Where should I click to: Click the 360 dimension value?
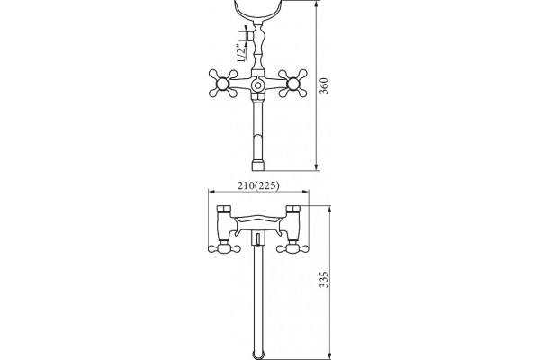click(324, 85)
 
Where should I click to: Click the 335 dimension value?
click(324, 280)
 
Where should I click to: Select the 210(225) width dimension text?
click(258, 185)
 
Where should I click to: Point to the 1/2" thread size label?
click(242, 53)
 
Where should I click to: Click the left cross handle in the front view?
click(223, 84)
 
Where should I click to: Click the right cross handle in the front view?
click(292, 84)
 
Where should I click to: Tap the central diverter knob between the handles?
click(257, 85)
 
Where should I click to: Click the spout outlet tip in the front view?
click(257, 166)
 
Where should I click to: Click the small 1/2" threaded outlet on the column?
click(250, 36)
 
